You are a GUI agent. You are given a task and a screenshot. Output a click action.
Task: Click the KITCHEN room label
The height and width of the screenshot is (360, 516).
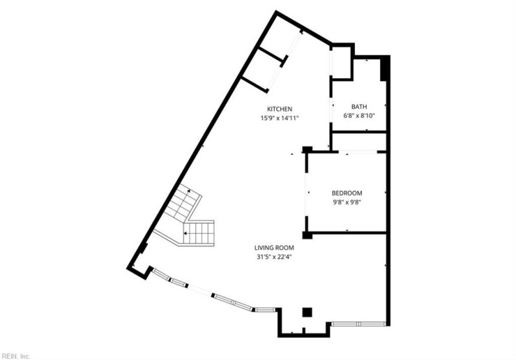281,108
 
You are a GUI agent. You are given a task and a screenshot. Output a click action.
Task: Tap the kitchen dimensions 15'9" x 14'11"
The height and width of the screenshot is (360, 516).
279,118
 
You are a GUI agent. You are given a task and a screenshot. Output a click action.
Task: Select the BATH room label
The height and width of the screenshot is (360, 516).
359,106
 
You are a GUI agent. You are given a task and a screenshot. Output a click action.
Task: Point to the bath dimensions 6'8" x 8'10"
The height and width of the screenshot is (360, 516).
359,116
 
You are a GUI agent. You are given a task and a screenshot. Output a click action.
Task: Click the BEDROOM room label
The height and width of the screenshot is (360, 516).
346,193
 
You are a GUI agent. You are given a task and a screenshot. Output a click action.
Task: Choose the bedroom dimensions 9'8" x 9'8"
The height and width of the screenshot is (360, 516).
346,202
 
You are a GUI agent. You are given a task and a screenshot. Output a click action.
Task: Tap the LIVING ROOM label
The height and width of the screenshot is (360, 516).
274,247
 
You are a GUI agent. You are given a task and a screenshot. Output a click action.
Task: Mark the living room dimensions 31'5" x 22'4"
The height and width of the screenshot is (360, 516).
274,256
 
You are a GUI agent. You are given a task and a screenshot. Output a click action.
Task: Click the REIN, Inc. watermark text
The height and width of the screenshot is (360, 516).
15,355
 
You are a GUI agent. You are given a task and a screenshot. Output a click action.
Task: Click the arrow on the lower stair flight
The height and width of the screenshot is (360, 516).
186,232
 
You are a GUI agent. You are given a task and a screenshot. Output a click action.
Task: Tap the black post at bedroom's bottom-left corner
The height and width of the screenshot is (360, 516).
308,235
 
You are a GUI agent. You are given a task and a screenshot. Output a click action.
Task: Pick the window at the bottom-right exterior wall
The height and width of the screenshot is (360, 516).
359,323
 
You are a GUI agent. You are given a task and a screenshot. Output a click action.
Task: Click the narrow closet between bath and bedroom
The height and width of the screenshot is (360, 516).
359,141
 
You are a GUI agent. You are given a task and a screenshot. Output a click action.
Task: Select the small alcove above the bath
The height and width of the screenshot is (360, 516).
342,63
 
